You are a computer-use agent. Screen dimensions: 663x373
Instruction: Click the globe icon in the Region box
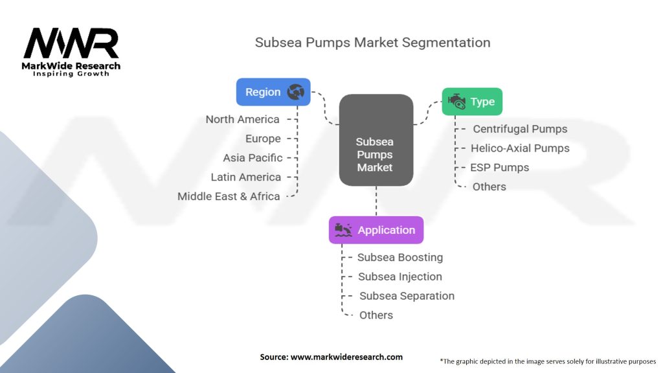tap(295, 92)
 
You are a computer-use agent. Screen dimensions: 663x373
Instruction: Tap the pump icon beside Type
tap(456, 102)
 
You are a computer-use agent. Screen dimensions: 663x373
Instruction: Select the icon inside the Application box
tap(343, 230)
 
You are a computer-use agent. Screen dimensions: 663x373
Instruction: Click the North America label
tap(242, 119)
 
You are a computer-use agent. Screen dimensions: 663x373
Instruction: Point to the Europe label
tap(263, 139)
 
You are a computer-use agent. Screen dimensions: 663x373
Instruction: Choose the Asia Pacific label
tap(253, 158)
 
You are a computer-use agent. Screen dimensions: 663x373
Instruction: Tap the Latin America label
tap(245, 177)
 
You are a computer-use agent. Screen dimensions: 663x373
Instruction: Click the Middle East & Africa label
tap(229, 196)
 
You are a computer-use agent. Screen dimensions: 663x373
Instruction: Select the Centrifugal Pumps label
tap(520, 129)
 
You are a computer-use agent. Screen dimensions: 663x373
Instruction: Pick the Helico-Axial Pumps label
tap(520, 148)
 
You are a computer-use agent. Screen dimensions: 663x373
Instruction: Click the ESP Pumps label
tap(499, 168)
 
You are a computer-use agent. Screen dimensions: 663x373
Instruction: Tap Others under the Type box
tap(489, 186)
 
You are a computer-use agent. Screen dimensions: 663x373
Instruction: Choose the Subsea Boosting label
tap(400, 257)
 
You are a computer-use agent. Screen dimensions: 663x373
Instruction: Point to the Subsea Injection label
tap(400, 277)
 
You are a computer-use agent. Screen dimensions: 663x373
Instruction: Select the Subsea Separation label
tap(407, 295)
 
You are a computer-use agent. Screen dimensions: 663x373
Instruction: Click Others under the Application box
tap(376, 315)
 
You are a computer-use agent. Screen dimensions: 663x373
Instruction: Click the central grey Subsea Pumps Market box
tap(376, 140)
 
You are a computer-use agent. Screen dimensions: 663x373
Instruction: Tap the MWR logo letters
tap(71, 43)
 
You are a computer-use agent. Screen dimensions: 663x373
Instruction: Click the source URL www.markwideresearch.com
tap(346, 357)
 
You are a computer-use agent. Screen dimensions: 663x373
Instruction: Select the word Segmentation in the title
tap(446, 43)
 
